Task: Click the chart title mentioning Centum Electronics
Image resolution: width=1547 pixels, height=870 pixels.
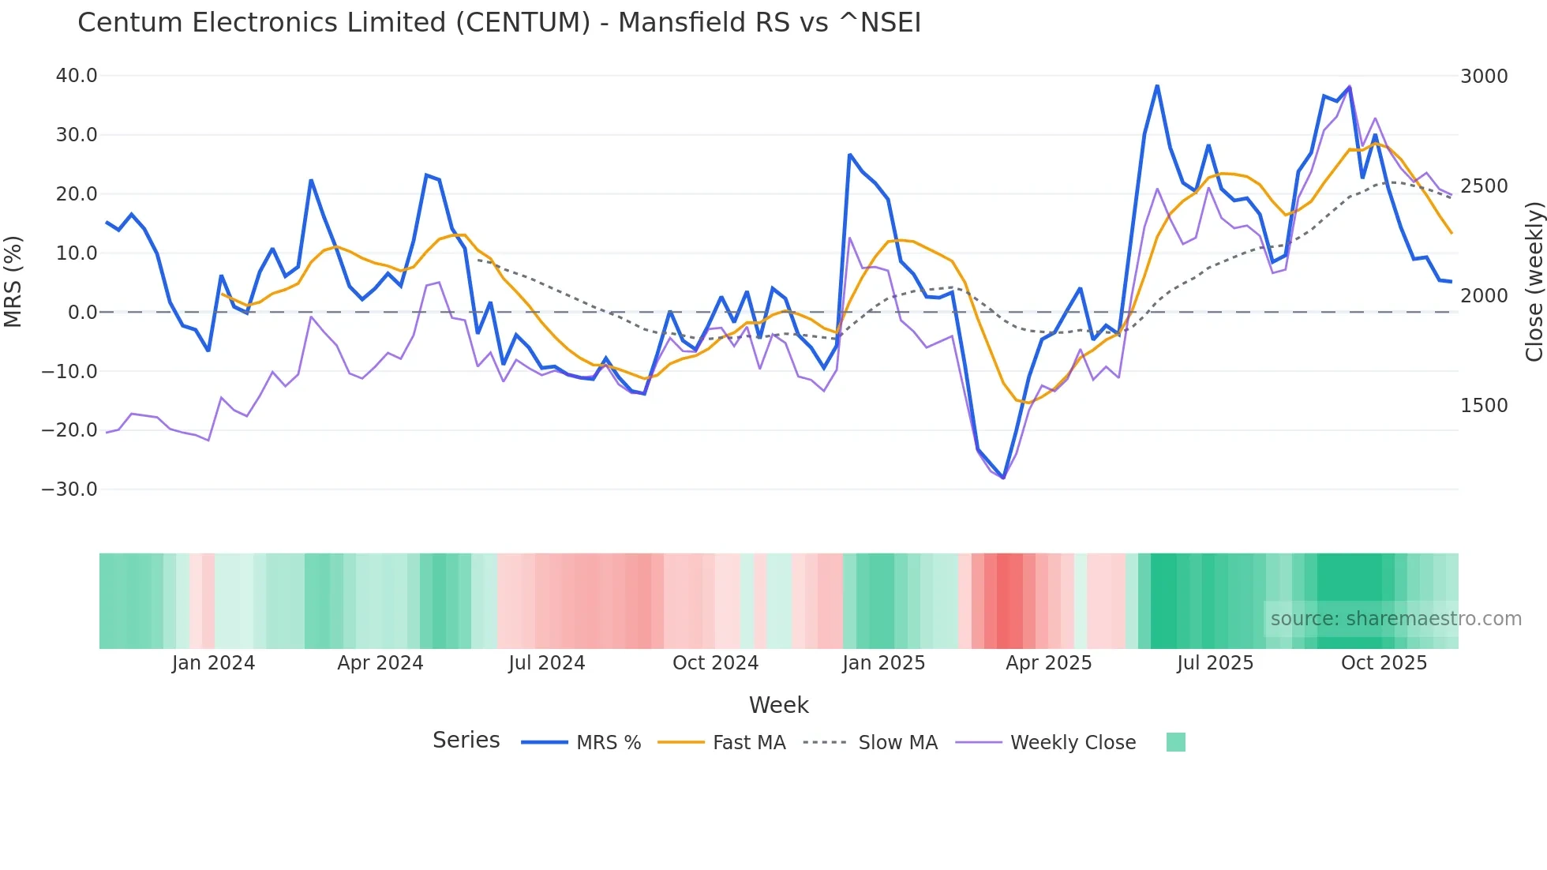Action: [x=499, y=23]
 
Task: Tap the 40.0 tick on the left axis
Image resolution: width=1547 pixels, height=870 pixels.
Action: [x=77, y=76]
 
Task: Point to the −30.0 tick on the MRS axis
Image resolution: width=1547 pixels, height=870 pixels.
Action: [x=69, y=489]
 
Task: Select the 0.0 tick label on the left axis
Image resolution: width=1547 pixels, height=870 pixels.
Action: [x=82, y=313]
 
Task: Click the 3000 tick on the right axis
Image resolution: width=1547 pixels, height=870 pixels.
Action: [x=1484, y=77]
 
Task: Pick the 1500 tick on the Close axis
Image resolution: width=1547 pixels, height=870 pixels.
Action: [x=1484, y=406]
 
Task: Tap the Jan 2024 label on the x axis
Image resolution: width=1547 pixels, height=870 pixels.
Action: [x=213, y=663]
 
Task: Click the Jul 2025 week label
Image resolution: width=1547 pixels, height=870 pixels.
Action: [x=1215, y=663]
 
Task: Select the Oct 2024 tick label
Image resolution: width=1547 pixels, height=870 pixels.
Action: [x=715, y=663]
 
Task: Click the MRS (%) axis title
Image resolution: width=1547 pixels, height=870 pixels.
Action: [x=13, y=282]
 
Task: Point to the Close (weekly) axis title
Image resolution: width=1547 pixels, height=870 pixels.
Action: [x=1534, y=282]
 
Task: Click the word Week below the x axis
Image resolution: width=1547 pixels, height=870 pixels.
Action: [x=778, y=705]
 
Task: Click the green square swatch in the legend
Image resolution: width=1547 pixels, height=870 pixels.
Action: [x=1175, y=742]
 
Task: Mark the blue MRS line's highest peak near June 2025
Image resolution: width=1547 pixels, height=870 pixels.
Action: [x=1157, y=86]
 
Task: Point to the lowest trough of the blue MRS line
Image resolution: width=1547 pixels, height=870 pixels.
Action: [x=1003, y=478]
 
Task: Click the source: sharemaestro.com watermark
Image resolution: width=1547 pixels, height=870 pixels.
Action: [x=1395, y=619]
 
